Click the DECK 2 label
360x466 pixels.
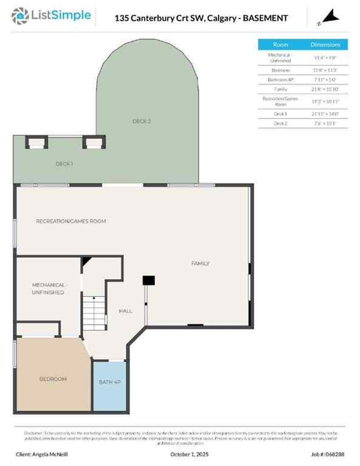[x=141, y=121]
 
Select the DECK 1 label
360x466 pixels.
[x=64, y=164]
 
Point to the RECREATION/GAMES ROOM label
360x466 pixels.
[x=71, y=221]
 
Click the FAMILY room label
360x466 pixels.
[x=200, y=263]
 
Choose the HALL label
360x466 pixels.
[x=126, y=311]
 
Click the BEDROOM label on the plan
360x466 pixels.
[x=53, y=379]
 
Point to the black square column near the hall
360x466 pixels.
[x=148, y=280]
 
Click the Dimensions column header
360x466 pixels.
[x=325, y=45]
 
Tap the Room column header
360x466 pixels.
[x=280, y=45]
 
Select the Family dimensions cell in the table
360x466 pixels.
[x=325, y=89]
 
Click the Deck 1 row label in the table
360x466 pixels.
[x=280, y=113]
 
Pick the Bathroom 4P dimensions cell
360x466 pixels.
[x=325, y=79]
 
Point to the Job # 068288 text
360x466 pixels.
[x=329, y=454]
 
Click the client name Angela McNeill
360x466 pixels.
[x=42, y=454]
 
